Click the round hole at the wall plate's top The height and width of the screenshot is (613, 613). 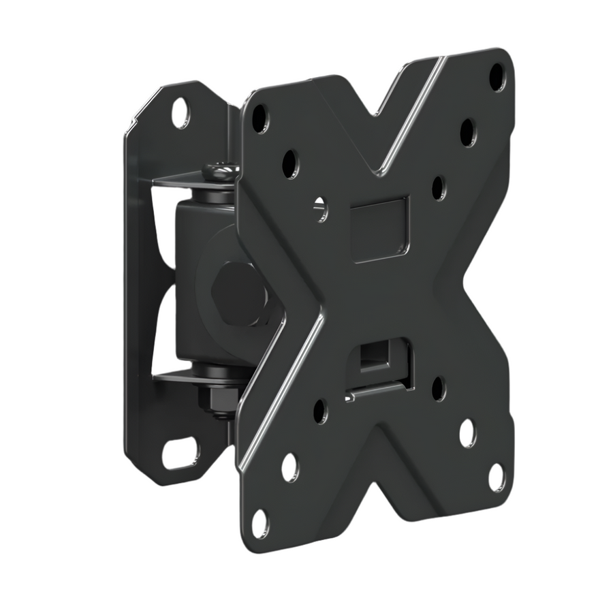pyautogui.click(x=180, y=112)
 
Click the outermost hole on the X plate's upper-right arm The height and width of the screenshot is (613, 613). pyautogui.click(x=498, y=76)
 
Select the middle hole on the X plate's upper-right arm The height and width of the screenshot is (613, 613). pyautogui.click(x=468, y=132)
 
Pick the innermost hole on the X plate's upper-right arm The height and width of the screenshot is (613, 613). pyautogui.click(x=439, y=187)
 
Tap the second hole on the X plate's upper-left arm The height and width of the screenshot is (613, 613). pyautogui.click(x=290, y=163)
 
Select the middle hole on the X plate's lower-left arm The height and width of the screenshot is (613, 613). pyautogui.click(x=289, y=467)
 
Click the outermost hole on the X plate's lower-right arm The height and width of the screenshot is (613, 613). pyautogui.click(x=497, y=477)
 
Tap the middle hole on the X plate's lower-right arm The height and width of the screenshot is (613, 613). pyautogui.click(x=467, y=433)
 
